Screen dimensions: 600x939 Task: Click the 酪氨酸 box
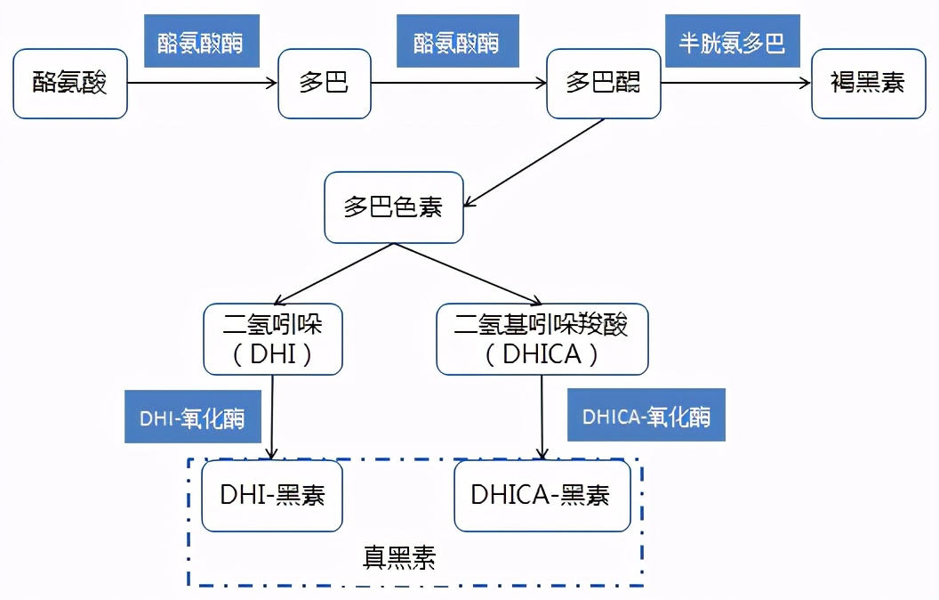[70, 84]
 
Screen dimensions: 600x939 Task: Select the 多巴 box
[325, 84]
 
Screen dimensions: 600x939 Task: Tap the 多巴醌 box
[603, 84]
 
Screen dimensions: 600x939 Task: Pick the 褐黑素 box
[868, 84]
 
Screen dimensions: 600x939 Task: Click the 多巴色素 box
[393, 207]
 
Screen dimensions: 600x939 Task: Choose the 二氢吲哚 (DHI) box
[272, 339]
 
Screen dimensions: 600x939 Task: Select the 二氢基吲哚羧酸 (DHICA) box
[542, 339]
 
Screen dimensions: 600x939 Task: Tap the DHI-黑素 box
[272, 496]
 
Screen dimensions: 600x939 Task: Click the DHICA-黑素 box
[542, 496]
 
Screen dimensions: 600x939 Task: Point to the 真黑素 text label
[400, 558]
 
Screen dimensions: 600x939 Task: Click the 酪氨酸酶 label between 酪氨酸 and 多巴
[202, 42]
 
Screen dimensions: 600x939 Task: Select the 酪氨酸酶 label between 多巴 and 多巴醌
[457, 42]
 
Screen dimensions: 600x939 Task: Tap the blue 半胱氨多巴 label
[732, 42]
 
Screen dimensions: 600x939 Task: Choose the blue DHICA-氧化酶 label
[646, 416]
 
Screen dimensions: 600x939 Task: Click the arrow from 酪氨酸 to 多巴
[203, 84]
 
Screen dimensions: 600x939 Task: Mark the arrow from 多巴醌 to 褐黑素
[736, 84]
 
